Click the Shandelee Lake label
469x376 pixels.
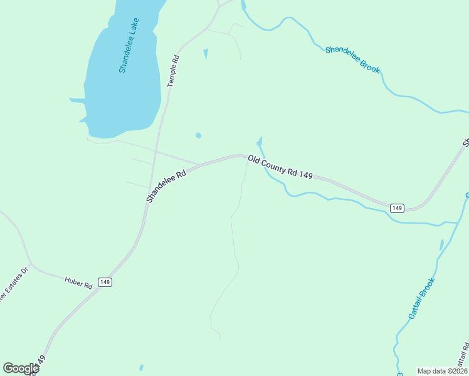(x=129, y=45)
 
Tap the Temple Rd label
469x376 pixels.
(x=173, y=71)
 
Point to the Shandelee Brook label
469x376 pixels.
(x=352, y=60)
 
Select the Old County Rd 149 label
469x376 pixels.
(x=280, y=168)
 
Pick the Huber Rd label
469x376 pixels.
(x=78, y=281)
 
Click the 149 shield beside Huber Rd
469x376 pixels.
(x=105, y=283)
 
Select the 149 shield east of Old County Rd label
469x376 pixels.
(x=396, y=208)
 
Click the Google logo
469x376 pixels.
(x=21, y=368)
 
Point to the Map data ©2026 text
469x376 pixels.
(x=442, y=371)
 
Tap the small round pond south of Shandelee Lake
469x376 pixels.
(x=199, y=135)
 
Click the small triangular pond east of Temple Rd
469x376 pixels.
(x=206, y=54)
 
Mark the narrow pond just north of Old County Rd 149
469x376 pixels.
(x=259, y=142)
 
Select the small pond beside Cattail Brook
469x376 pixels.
(x=441, y=244)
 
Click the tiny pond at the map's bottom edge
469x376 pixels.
(x=141, y=368)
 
